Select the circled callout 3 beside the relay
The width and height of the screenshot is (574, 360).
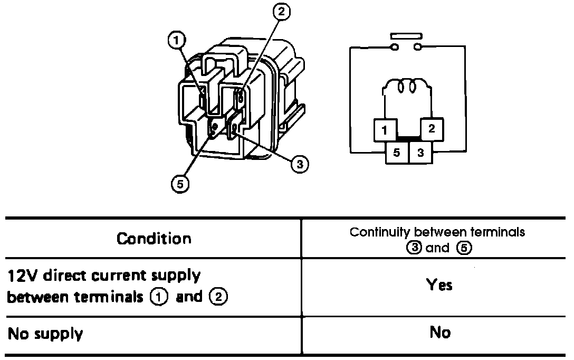coord(299,164)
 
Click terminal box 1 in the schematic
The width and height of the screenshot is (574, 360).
coord(385,130)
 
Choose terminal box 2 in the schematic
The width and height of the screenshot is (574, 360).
coord(431,129)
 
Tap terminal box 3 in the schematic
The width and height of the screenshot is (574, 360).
coord(420,153)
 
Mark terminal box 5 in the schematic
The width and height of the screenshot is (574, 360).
coord(397,153)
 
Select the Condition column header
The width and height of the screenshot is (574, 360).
coord(154,239)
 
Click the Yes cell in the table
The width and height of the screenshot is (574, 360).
coord(439,286)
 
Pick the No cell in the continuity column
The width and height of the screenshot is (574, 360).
coord(440,332)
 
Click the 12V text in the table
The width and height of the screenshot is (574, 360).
coord(21,276)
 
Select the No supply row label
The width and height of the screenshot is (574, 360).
coord(45,334)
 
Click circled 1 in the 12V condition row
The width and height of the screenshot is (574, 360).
coord(160,297)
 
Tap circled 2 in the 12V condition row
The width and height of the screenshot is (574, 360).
coord(218,297)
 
